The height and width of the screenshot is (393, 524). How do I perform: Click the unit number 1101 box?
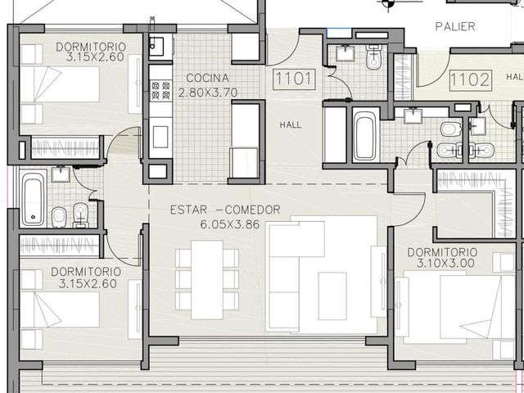(294, 79)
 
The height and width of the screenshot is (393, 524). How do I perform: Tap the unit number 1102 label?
(471, 80)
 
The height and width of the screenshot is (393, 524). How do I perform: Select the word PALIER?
(455, 27)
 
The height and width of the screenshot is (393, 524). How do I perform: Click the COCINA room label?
(207, 79)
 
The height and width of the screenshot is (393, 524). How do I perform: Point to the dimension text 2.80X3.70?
(208, 93)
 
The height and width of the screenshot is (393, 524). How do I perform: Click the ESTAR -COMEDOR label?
(225, 210)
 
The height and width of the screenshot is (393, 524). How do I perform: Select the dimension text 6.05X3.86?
(230, 224)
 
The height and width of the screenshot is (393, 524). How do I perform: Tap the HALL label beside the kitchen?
(291, 125)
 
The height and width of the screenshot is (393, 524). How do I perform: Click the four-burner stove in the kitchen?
(160, 90)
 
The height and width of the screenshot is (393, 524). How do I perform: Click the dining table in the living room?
(207, 280)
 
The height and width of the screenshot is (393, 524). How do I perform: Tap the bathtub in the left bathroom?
(33, 198)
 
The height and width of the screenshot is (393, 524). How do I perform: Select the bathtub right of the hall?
(366, 135)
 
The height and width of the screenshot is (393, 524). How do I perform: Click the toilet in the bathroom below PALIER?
(373, 57)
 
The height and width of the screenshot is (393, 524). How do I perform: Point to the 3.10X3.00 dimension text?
(445, 263)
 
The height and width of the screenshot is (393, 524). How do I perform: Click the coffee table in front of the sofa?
(332, 296)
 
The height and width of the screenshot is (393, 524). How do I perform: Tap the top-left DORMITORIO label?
(91, 47)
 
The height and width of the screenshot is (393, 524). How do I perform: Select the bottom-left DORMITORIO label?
(86, 272)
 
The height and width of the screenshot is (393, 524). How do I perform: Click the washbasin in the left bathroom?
(61, 174)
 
